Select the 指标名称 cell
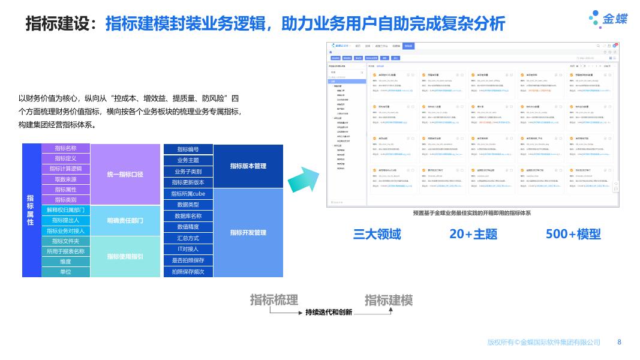(x=65, y=148)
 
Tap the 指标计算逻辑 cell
(x=65, y=169)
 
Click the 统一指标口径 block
(x=125, y=174)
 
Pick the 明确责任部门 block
(x=125, y=221)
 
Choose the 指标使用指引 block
(x=125, y=256)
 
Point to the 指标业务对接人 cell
(x=65, y=230)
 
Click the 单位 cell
(x=65, y=272)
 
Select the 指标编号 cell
(x=188, y=149)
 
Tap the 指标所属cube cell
(x=188, y=194)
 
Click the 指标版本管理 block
(x=248, y=166)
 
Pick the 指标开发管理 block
(x=248, y=232)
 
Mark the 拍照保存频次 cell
(x=188, y=272)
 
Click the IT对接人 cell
(x=188, y=249)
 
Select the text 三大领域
(x=377, y=234)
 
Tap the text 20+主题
(x=473, y=234)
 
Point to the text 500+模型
(x=573, y=234)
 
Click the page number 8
(x=620, y=342)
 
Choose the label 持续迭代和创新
(x=329, y=313)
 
